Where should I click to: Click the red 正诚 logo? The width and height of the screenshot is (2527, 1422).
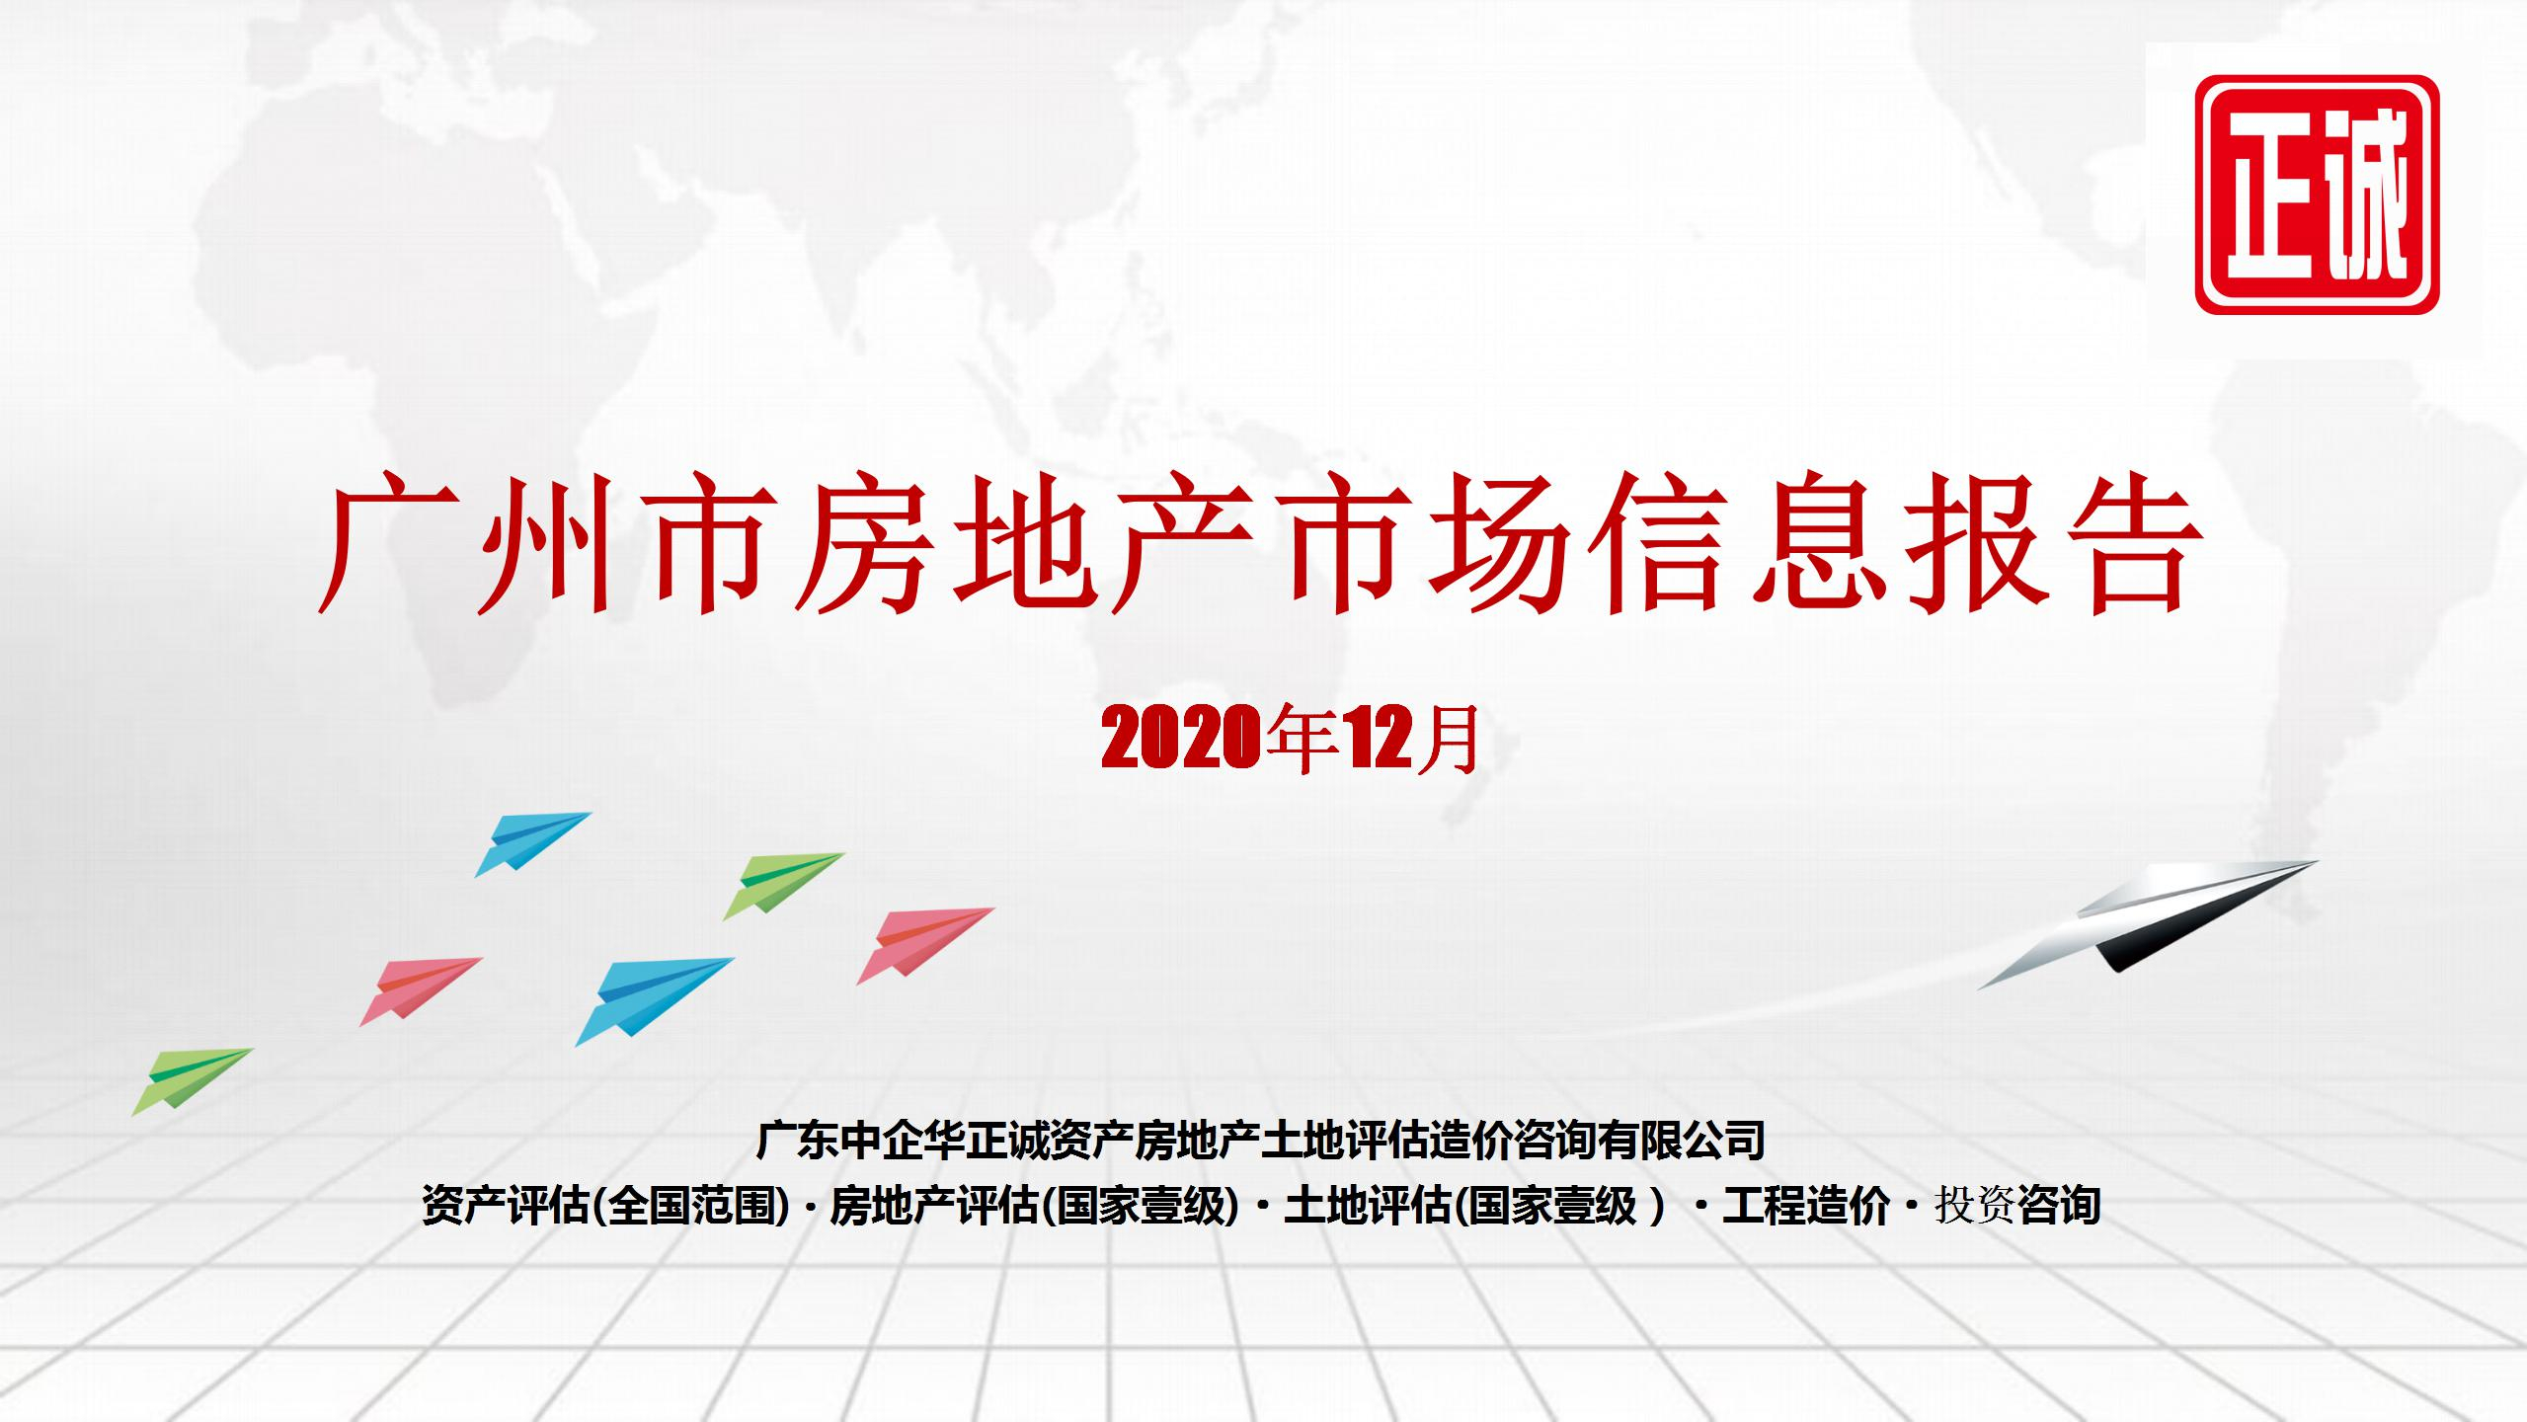[x=2317, y=195]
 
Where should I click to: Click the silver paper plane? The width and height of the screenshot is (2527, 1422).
[x=2148, y=923]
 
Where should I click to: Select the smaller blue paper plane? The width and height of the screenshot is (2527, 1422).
[x=532, y=843]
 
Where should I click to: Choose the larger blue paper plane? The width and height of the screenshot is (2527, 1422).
[x=655, y=1000]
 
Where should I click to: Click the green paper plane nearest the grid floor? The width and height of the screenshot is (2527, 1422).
[x=193, y=1081]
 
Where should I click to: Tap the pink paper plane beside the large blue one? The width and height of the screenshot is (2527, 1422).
[x=421, y=990]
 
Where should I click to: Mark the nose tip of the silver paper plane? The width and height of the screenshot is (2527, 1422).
[x=2318, y=862]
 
